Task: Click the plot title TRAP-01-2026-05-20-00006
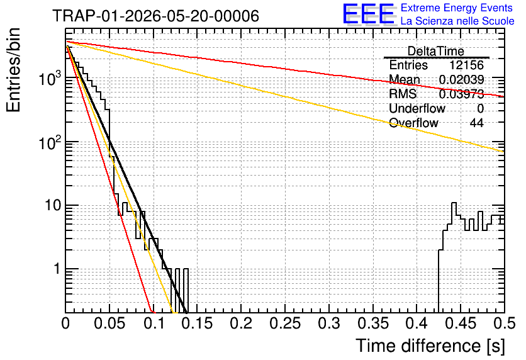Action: point(156,16)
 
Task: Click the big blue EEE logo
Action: point(369,14)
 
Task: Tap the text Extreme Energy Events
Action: point(457,8)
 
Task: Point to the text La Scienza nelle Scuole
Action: point(457,21)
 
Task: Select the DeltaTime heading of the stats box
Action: point(436,51)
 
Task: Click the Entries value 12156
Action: point(466,65)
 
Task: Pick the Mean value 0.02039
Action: point(461,79)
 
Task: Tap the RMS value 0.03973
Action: point(461,94)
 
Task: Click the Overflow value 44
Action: point(477,123)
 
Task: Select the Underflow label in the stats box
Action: point(417,108)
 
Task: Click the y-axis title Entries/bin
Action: point(13,70)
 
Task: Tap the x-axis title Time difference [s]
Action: point(430,346)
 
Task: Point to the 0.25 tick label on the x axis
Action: point(285,323)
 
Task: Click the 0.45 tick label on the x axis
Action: point(461,323)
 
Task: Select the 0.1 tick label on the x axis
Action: point(154,323)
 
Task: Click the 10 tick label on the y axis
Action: point(53,205)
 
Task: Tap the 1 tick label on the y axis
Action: point(57,269)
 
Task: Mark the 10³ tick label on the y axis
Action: point(50,79)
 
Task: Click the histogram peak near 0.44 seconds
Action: point(454,203)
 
